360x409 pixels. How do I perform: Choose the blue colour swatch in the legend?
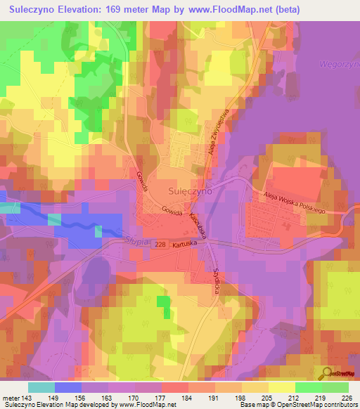pyautogui.click(x=68, y=387)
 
